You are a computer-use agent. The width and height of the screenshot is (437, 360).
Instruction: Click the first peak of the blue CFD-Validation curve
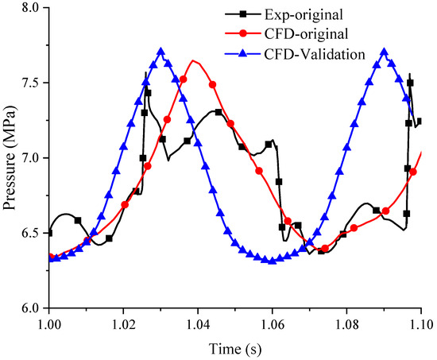point(161,52)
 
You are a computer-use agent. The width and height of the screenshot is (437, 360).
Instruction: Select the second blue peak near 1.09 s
point(385,52)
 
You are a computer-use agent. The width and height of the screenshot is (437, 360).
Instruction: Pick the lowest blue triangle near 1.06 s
point(273,261)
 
